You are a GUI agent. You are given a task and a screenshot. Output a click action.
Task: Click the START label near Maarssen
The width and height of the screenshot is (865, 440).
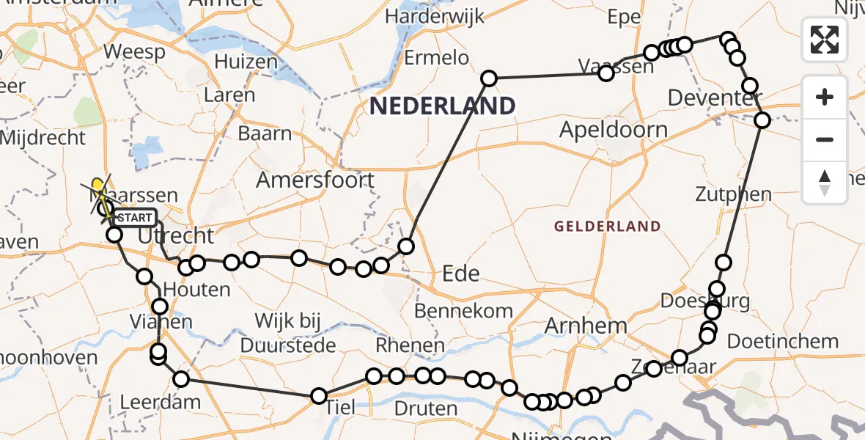[x=136, y=218]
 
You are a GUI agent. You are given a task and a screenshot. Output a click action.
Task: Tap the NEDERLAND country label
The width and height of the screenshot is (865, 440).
[x=442, y=106]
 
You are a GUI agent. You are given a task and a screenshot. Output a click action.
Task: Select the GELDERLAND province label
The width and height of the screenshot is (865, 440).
[x=607, y=227]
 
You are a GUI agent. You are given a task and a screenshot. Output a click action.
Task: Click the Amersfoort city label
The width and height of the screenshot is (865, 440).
[x=315, y=180]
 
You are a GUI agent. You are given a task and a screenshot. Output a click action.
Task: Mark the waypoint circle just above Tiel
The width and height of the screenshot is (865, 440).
[x=319, y=396]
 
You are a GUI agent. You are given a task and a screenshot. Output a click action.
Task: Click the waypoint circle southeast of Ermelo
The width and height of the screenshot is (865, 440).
[x=489, y=78]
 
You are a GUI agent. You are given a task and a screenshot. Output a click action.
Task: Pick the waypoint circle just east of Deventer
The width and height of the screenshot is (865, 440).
[x=762, y=120]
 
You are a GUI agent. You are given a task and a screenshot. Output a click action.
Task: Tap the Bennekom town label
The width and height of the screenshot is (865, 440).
[x=463, y=310]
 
